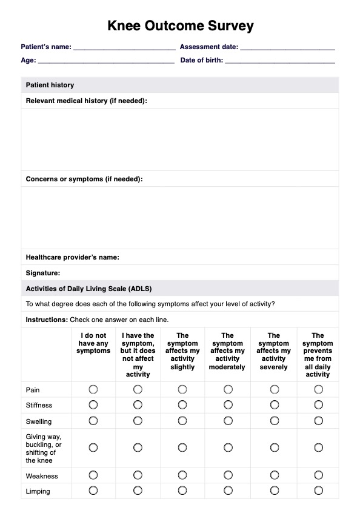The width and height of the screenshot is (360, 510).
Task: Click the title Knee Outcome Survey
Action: [180, 26]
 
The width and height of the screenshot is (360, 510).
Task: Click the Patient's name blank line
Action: [124, 47]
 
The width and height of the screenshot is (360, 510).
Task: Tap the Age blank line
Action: [106, 61]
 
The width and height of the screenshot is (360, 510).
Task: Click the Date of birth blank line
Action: [279, 61]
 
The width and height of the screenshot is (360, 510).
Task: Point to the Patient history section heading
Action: [50, 86]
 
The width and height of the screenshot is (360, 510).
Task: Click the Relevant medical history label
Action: [86, 101]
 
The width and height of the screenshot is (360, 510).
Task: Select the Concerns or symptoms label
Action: [84, 180]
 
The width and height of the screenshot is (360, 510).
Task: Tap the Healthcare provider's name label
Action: [72, 257]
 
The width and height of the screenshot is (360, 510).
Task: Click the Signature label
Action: [42, 273]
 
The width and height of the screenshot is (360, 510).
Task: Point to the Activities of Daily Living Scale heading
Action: [93, 289]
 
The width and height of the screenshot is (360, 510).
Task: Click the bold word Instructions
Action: [47, 320]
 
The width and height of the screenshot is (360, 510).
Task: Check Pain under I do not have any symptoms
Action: [93, 389]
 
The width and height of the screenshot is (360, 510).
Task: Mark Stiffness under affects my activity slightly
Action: [182, 404]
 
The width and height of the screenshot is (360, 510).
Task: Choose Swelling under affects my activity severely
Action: [274, 421]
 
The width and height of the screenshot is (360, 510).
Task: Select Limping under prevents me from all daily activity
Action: [318, 491]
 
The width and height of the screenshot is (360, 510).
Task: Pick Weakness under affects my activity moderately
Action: [228, 475]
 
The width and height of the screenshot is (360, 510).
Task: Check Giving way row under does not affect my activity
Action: [138, 448]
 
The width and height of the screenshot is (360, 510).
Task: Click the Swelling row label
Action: [39, 421]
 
